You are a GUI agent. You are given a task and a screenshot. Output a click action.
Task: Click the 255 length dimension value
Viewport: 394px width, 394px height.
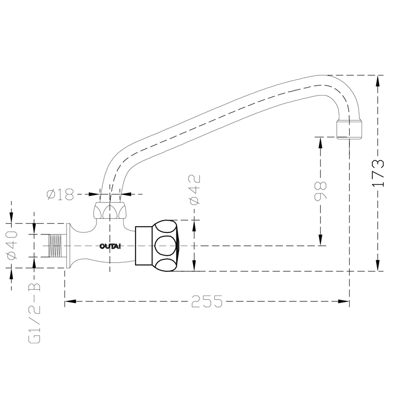click(x=207, y=301)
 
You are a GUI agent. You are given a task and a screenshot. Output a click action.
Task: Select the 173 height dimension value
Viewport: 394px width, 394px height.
click(x=378, y=173)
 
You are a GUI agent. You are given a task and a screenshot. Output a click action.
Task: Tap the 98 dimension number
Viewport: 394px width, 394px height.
click(x=321, y=191)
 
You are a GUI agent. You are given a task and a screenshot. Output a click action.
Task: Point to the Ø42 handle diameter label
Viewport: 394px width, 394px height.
click(x=194, y=190)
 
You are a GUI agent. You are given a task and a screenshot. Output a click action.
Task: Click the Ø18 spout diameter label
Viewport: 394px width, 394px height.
click(x=60, y=194)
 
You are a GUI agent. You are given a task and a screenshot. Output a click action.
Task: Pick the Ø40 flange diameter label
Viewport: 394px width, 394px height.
click(x=12, y=245)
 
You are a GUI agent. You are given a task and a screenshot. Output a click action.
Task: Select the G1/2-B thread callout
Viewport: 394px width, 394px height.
click(x=34, y=313)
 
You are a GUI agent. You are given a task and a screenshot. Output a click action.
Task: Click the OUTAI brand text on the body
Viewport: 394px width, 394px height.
click(x=110, y=246)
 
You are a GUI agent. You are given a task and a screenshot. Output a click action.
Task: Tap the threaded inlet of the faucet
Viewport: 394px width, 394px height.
click(x=55, y=245)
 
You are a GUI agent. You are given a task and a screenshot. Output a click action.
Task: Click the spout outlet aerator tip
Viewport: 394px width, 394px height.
click(x=350, y=130)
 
